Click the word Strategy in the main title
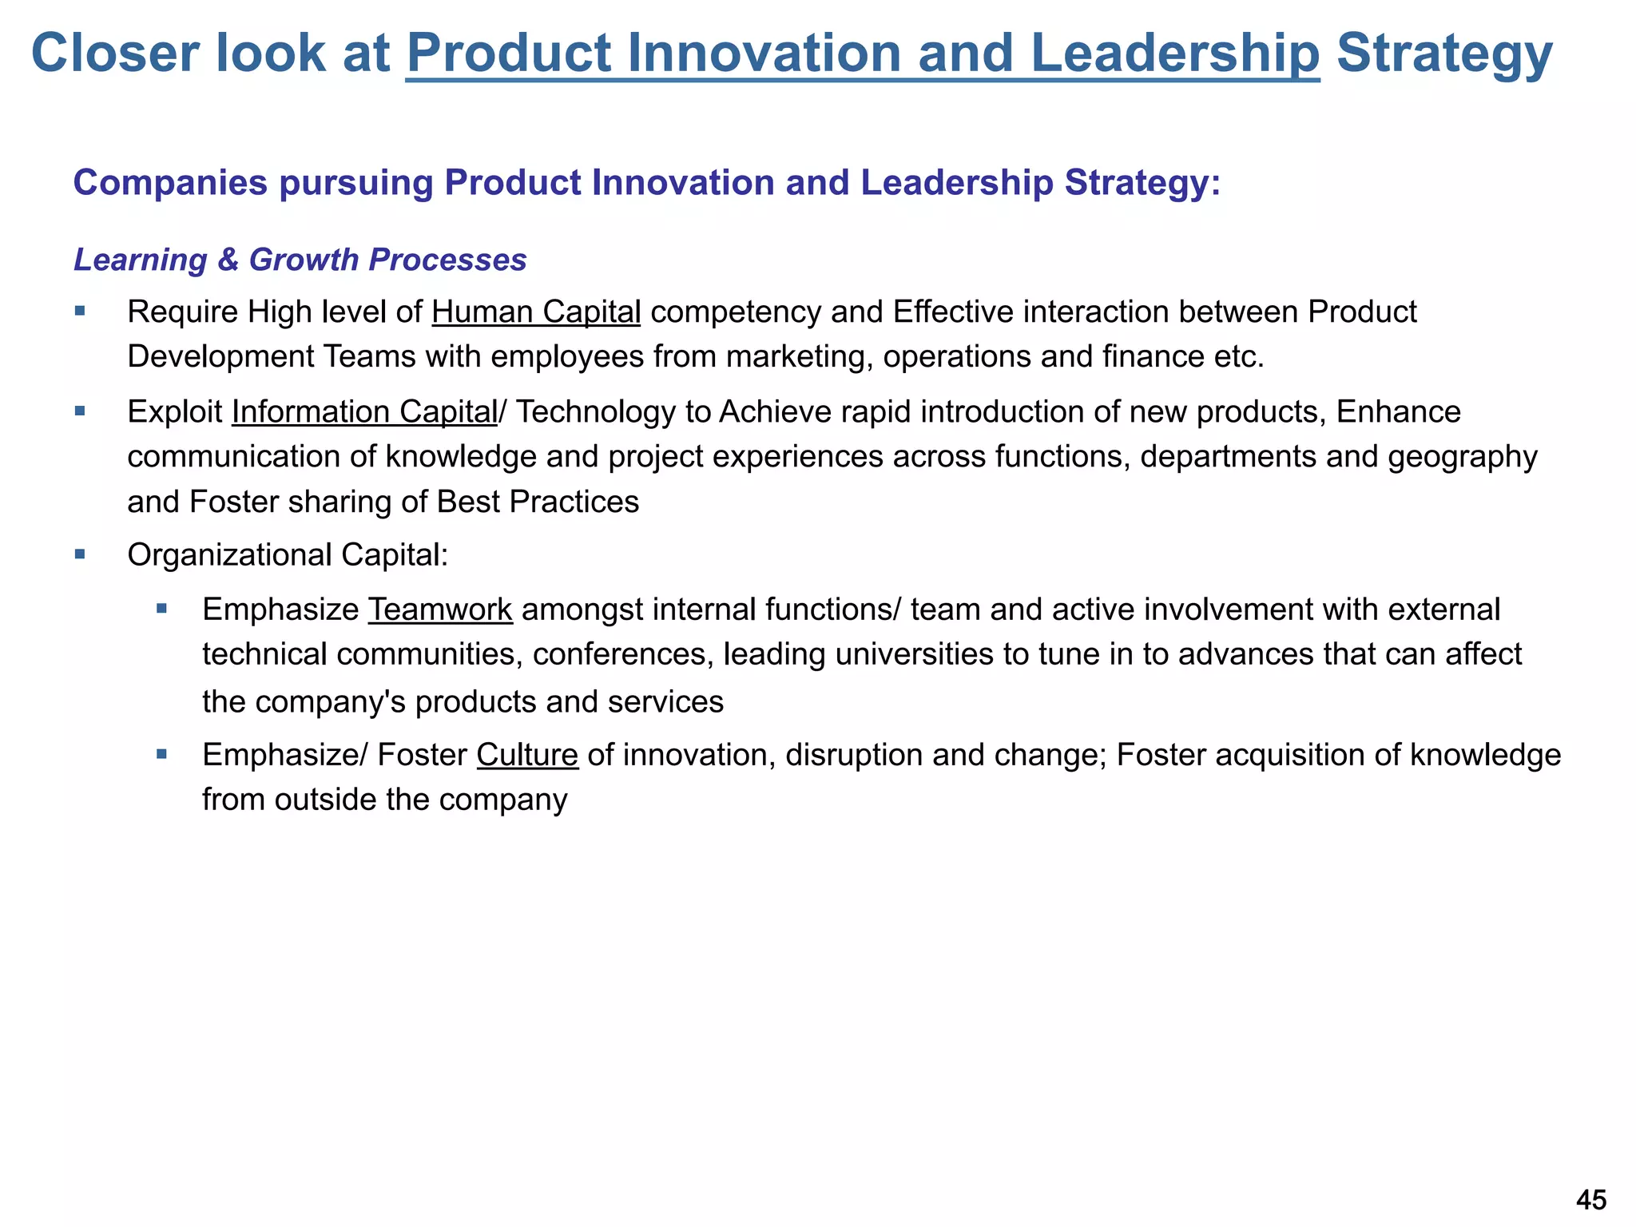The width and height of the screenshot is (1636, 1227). point(1444,54)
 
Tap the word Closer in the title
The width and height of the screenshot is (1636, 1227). point(113,54)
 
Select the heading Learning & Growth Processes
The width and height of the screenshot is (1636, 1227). point(300,260)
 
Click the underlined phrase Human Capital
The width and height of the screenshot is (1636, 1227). point(536,312)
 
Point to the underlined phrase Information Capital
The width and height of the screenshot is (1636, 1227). point(364,412)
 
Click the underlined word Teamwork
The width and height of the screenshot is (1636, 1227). point(440,610)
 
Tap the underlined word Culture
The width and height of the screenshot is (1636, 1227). point(527,755)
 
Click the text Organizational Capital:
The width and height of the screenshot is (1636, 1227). point(288,555)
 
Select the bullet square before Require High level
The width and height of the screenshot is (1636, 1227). point(80,311)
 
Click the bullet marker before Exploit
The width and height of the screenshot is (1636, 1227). point(80,411)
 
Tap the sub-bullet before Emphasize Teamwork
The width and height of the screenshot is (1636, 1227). point(162,609)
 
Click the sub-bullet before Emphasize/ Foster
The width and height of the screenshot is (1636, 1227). point(162,754)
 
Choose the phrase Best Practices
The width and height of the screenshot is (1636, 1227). point(538,502)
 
